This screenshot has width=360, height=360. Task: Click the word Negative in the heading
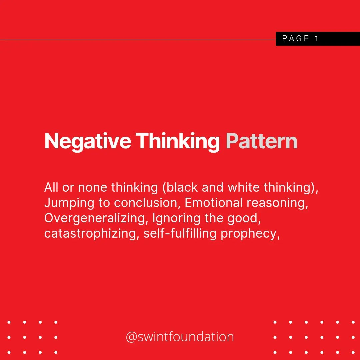[87, 141]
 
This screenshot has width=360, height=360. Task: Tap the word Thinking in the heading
[178, 141]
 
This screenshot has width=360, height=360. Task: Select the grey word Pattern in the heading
[262, 141]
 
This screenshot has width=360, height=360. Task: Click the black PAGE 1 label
[318, 39]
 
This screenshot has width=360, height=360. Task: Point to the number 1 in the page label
[316, 39]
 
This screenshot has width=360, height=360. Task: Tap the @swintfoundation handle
[180, 337]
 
